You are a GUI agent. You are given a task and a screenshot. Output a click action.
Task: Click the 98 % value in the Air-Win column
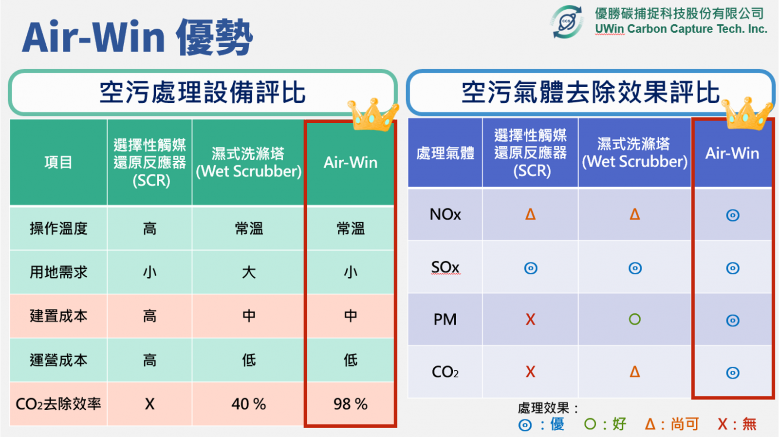[350, 404]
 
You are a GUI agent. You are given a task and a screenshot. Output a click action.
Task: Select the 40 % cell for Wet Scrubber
[249, 404]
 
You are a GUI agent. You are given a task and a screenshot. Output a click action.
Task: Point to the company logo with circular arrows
[567, 21]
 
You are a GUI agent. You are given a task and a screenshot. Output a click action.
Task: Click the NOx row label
[445, 214]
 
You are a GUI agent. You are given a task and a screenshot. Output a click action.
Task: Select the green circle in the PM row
[635, 319]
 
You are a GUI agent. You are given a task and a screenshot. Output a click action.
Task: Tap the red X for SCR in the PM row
[530, 320]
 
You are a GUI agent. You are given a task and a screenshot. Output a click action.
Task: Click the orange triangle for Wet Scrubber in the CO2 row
[635, 372]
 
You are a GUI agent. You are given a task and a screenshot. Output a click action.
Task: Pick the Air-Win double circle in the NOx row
[733, 215]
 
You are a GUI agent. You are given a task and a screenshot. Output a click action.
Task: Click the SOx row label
[445, 267]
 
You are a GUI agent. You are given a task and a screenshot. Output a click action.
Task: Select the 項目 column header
[58, 162]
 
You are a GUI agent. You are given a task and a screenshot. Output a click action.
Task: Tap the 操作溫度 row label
[58, 228]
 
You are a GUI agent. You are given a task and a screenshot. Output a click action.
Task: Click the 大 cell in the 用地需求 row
[249, 272]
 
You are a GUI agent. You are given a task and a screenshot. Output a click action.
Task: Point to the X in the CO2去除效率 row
[149, 404]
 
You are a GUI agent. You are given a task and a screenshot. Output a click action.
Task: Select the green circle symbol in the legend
[590, 424]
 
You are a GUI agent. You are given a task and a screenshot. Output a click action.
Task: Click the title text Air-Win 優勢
[137, 37]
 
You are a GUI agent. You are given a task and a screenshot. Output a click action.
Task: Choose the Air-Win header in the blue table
[732, 153]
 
